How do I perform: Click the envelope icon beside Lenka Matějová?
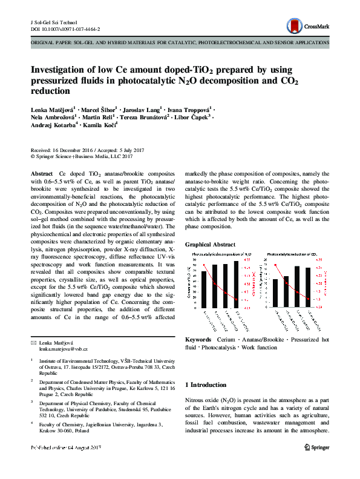(34, 343)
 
